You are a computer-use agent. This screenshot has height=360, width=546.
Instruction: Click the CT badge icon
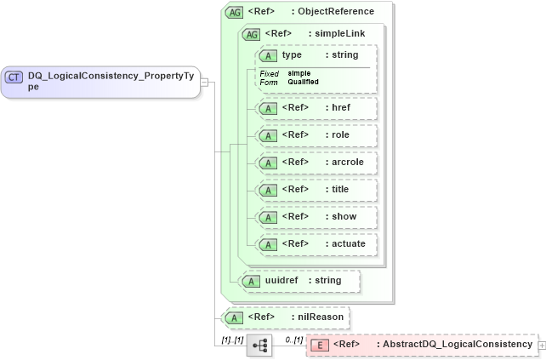[x=15, y=77]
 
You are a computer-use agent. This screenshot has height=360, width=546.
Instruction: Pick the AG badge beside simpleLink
[x=253, y=34]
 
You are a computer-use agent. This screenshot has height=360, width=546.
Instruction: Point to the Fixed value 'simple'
[x=299, y=74]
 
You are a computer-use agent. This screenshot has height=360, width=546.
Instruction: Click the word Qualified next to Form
[x=304, y=83]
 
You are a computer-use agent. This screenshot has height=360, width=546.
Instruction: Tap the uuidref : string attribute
[x=299, y=281]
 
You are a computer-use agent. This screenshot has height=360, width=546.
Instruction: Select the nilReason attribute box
[x=285, y=317]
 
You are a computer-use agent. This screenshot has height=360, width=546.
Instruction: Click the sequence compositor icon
[x=259, y=346]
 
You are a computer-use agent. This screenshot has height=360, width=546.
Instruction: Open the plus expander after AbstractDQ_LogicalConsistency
[x=542, y=346]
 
